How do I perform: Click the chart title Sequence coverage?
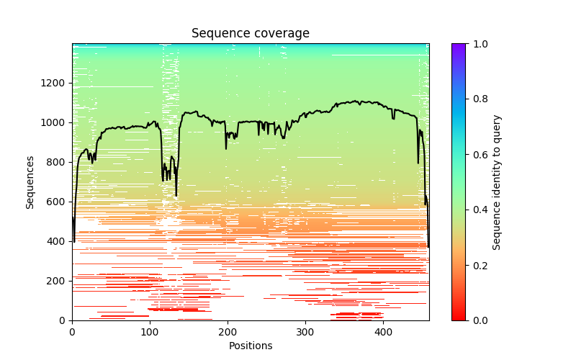(251, 34)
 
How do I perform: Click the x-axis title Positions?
(251, 346)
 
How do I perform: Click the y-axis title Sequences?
(30, 182)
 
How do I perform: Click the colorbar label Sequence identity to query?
(497, 182)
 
